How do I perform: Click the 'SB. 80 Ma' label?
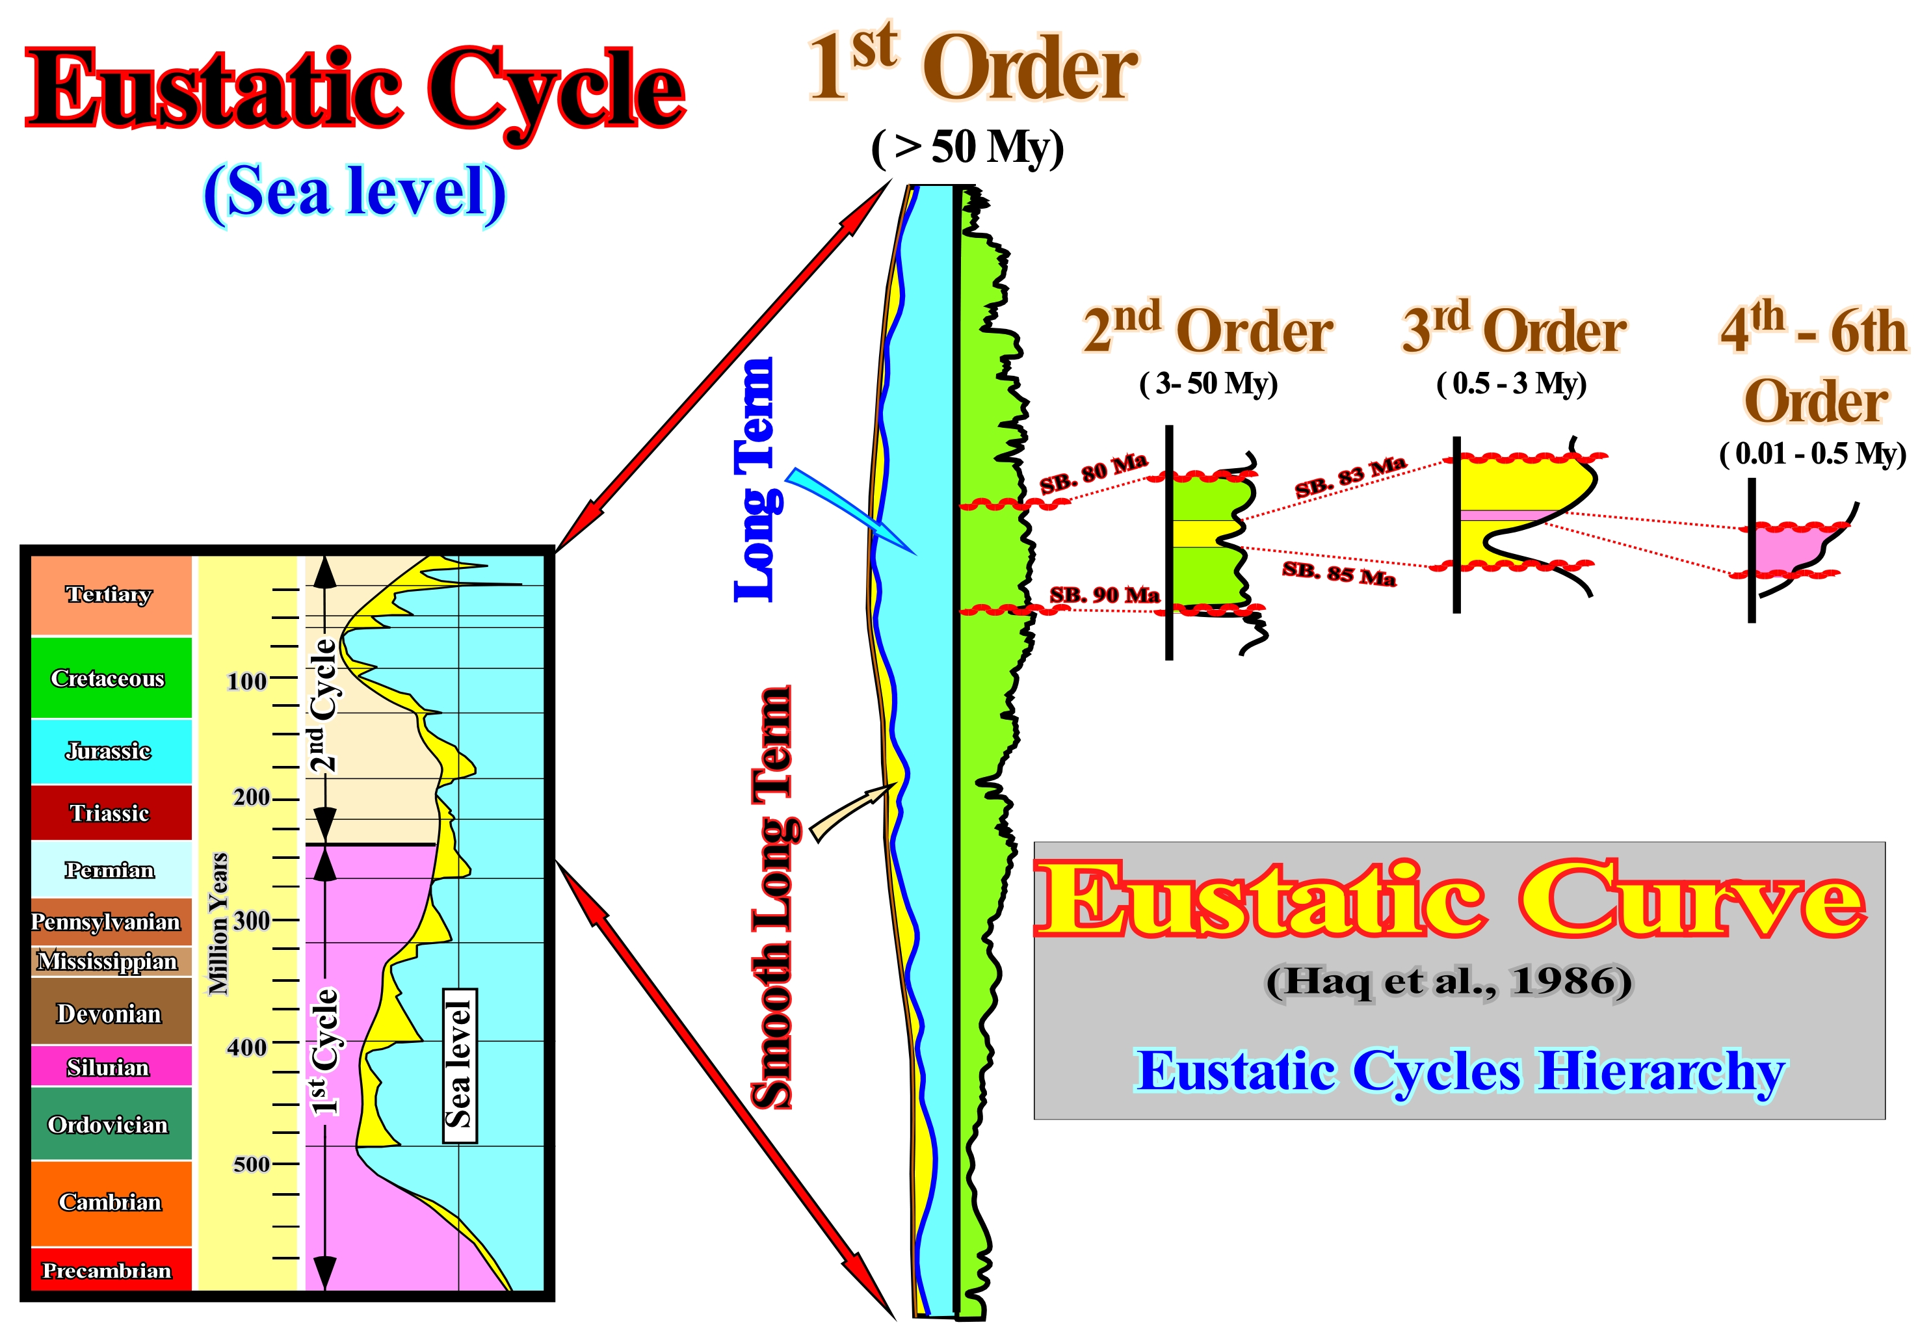pos(1093,473)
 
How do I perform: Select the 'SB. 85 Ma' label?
pos(1339,573)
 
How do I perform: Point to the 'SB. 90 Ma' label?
pos(1104,594)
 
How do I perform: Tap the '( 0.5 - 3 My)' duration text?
pos(1511,384)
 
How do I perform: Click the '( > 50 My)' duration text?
pos(967,148)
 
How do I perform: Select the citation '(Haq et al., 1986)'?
pos(1449,982)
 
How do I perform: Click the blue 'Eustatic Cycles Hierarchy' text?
pos(1461,1072)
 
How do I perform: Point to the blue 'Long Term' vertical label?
pos(756,480)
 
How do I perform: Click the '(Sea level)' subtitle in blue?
pos(355,192)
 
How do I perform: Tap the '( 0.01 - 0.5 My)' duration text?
pos(1813,454)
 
